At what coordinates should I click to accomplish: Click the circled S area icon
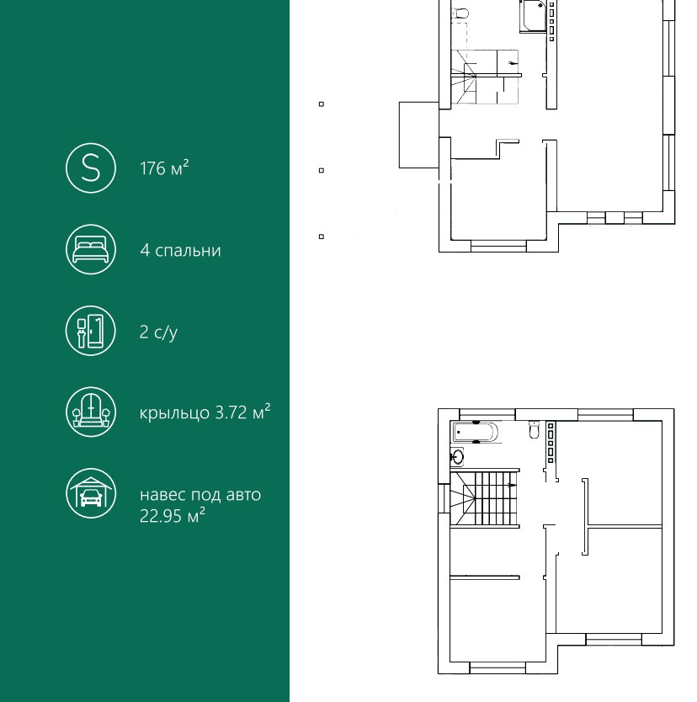(x=91, y=168)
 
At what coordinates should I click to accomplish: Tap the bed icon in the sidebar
(x=91, y=249)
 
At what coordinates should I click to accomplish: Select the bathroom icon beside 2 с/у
(x=91, y=331)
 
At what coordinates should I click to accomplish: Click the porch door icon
(x=91, y=412)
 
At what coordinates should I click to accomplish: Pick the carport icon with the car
(x=91, y=493)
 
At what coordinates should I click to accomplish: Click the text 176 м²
(x=164, y=168)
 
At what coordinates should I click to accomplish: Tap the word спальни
(x=188, y=251)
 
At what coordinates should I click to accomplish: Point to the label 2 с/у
(x=158, y=332)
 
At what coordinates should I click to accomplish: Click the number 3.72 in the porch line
(x=231, y=412)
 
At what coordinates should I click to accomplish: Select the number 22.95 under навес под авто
(x=161, y=516)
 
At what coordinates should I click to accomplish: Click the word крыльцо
(x=174, y=412)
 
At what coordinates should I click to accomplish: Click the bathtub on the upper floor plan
(x=476, y=432)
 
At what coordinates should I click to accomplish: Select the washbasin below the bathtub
(x=456, y=457)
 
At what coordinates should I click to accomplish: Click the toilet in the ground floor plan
(x=460, y=13)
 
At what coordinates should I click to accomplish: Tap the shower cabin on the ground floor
(x=533, y=16)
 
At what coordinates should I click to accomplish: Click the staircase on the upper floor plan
(x=484, y=497)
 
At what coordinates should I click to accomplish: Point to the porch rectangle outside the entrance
(x=419, y=136)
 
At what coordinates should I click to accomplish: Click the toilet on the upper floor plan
(x=535, y=430)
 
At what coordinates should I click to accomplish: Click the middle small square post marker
(x=322, y=171)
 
